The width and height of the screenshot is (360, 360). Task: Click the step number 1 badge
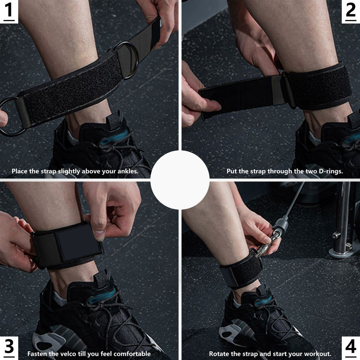coord(9,12)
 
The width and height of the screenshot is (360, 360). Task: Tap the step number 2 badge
coord(351,12)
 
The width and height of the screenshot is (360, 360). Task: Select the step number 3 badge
coord(9,348)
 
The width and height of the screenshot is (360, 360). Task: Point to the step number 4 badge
coord(351,348)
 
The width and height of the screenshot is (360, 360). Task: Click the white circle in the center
coord(180,180)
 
